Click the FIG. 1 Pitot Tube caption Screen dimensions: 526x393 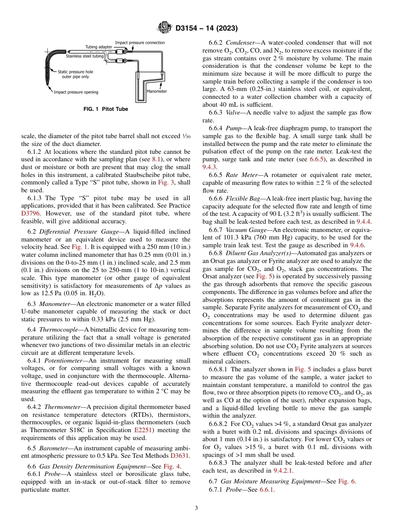(x=106, y=109)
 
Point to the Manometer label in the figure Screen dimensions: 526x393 (x=157, y=91)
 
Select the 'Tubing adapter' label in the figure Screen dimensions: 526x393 (x=98, y=47)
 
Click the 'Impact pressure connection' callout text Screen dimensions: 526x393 (x=139, y=43)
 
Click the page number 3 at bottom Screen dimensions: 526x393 (x=196, y=508)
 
